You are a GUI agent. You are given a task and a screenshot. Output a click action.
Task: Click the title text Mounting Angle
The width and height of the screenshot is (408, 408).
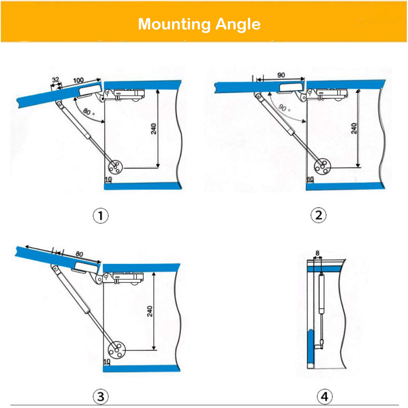pos(199,24)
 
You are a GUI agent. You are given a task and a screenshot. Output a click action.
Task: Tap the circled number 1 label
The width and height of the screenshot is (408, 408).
pos(101,216)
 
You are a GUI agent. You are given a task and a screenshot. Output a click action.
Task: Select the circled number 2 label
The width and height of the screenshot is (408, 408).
pos(319,215)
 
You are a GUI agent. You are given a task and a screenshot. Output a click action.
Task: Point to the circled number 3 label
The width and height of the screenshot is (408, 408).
pos(101,396)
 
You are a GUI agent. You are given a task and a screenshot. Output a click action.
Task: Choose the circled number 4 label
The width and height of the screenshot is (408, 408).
pos(324,396)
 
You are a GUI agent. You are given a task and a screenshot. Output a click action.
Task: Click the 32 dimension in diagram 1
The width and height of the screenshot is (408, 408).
pos(55,80)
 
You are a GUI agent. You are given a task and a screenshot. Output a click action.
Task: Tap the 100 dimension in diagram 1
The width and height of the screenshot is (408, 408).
pos(78,80)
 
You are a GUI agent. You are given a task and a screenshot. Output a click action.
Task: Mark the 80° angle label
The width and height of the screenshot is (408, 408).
pos(87,112)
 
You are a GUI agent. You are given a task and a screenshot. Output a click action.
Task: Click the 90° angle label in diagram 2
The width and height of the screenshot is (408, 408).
pos(284,108)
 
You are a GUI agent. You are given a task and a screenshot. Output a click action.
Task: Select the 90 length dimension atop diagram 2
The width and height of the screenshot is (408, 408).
pos(281,75)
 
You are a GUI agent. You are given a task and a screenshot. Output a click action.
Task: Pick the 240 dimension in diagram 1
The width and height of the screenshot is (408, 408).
pos(154,129)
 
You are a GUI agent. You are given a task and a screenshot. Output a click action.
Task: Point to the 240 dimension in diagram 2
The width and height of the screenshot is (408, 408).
pos(354,129)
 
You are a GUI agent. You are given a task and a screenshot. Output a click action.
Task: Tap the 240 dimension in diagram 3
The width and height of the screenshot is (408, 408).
pos(150,311)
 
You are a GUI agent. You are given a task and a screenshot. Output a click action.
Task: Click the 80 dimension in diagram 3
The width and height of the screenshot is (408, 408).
pos(79,254)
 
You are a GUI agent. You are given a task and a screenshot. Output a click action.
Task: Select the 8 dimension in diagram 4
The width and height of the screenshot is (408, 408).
pos(318,253)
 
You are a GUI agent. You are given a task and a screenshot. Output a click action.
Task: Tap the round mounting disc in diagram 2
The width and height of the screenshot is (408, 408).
pos(322,167)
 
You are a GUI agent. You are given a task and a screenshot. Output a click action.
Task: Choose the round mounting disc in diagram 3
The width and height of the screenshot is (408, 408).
pos(117,351)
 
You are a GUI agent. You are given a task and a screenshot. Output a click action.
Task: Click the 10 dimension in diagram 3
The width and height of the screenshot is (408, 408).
pos(107,362)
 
